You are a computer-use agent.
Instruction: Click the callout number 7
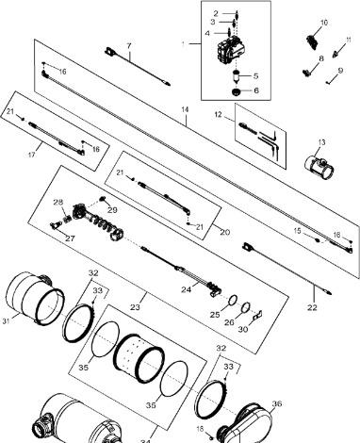point(129,46)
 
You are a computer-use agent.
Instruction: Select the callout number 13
point(321,142)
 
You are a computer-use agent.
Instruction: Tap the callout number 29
point(112,209)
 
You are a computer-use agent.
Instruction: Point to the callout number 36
point(277,403)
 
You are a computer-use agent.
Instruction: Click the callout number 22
point(312,307)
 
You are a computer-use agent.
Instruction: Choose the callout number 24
point(186,289)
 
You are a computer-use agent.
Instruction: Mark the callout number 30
point(243,329)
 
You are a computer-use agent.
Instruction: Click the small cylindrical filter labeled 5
point(236,77)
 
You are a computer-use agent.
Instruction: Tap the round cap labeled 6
point(236,91)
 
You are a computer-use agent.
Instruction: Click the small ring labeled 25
point(232,301)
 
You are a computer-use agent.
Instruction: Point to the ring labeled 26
point(246,307)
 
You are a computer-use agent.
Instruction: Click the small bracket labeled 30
point(258,315)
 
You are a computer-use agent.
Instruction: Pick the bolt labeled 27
point(56,225)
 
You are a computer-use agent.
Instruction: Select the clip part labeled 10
point(311,42)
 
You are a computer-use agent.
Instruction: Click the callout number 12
point(219,114)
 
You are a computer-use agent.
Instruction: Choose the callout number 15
point(297,231)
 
